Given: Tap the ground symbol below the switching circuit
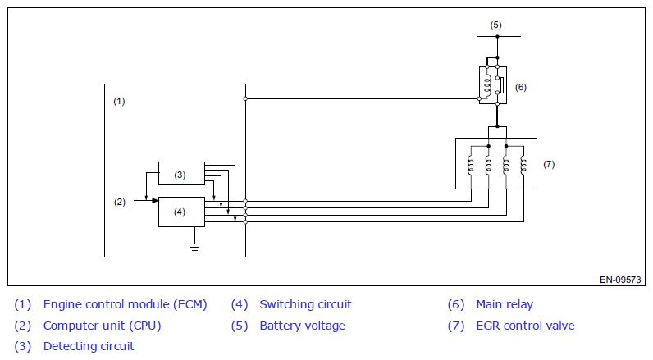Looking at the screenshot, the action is [x=194, y=246].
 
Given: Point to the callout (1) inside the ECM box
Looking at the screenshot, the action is [x=119, y=101].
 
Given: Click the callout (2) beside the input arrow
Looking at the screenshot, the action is [x=120, y=202].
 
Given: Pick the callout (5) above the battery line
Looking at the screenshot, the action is [x=495, y=25].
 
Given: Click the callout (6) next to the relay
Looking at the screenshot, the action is [x=521, y=87].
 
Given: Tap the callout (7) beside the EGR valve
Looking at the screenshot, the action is [x=549, y=164].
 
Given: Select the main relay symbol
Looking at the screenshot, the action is [x=493, y=85].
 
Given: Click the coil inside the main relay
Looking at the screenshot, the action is [x=486, y=85].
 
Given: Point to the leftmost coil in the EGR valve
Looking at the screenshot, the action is [x=471, y=165].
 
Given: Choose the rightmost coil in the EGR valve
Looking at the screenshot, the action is [x=523, y=165].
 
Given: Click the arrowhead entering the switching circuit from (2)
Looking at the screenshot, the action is [x=155, y=201].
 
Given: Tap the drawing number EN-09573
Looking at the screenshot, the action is [x=620, y=280].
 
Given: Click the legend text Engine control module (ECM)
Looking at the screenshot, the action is [x=125, y=304].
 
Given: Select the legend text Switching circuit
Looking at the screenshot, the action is [x=305, y=304].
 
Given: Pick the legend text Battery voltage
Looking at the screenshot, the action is [x=303, y=326].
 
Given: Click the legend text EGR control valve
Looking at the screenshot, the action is [x=525, y=326].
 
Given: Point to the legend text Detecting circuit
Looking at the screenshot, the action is [x=89, y=346].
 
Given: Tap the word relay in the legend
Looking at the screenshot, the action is [x=519, y=305].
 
